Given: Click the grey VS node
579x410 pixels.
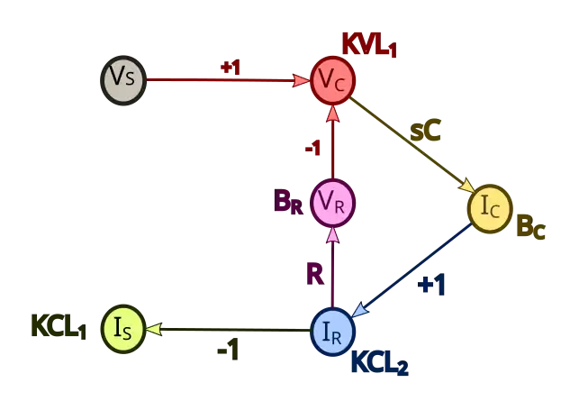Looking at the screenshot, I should click(x=123, y=79).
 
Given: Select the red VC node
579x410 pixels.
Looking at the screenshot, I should click(x=332, y=79).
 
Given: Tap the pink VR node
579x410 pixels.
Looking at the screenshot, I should click(x=332, y=204).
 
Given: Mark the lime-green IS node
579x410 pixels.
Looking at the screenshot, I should click(x=123, y=329).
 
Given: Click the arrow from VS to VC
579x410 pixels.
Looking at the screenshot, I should click(x=225, y=80).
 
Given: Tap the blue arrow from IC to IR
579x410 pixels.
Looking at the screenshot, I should click(x=414, y=269).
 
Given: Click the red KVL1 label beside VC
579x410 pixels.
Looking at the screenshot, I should click(x=369, y=44).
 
